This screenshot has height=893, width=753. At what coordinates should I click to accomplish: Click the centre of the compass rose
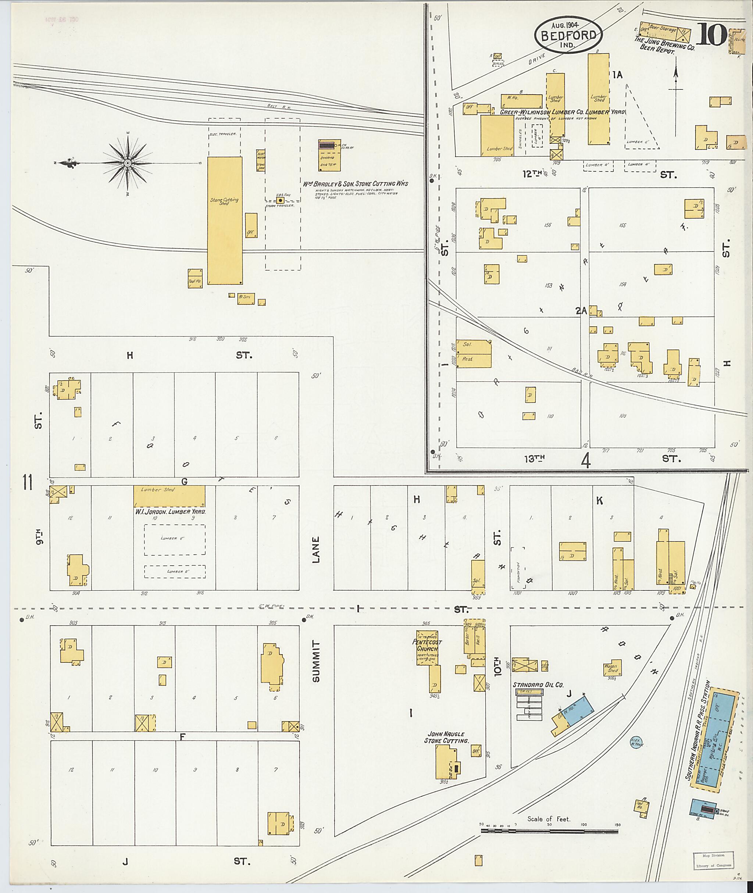(127, 163)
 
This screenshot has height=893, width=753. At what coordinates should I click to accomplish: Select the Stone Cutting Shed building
(225, 220)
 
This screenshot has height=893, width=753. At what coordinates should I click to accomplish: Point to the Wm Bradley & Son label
(355, 183)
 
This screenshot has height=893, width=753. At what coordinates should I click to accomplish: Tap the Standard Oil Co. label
(538, 685)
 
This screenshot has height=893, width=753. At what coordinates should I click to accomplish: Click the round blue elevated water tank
(636, 743)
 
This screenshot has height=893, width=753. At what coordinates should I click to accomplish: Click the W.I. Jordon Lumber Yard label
(170, 511)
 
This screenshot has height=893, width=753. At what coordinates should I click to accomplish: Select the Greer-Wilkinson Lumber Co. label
(562, 112)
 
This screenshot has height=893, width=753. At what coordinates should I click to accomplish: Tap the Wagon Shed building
(613, 667)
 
